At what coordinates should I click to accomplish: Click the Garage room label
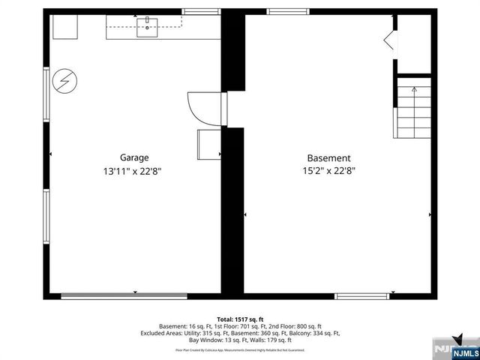(x=134, y=157)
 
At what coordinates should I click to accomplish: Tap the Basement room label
(x=328, y=158)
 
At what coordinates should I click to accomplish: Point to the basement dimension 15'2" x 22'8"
(x=328, y=171)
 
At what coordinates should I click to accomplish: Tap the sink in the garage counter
(x=147, y=29)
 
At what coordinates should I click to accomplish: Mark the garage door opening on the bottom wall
(x=124, y=296)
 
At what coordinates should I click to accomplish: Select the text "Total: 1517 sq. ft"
(x=240, y=319)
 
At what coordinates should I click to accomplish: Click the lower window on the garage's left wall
(x=46, y=217)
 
